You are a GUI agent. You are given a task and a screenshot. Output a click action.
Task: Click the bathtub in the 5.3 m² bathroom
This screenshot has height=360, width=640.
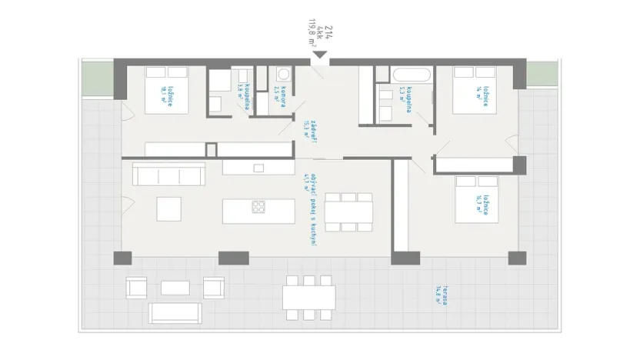[x=413, y=77]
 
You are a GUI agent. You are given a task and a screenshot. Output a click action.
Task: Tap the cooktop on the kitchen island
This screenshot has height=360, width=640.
[x=259, y=206]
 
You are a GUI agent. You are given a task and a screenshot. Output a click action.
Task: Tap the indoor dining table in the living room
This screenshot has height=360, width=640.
[x=348, y=211]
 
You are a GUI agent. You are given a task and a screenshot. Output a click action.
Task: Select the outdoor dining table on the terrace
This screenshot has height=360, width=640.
[x=308, y=296]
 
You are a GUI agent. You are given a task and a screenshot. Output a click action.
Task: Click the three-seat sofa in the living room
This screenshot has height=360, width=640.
[x=169, y=174]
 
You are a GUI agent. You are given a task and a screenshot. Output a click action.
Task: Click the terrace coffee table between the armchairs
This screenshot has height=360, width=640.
[x=175, y=288]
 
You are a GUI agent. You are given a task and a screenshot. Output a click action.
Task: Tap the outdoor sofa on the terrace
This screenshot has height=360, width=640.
[x=175, y=312]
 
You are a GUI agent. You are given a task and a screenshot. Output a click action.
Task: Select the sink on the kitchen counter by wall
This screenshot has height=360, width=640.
[x=258, y=167]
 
